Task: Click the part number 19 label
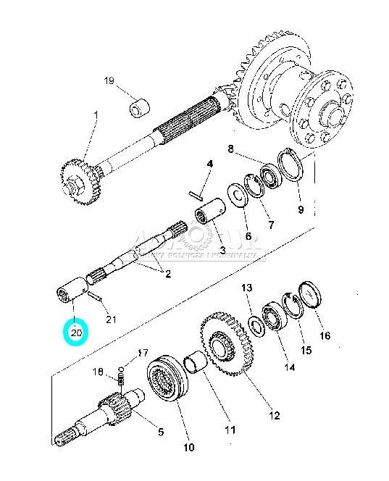(x=109, y=80)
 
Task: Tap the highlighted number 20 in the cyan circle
(x=76, y=333)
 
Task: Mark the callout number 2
(x=167, y=274)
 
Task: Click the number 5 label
(x=161, y=432)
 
